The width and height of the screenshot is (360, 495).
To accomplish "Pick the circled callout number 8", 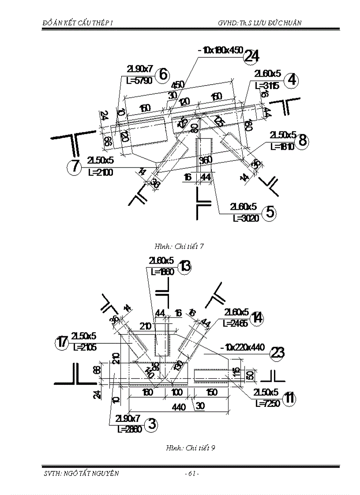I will coord(302,141).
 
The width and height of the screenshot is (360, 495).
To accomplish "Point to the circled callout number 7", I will coord(75,167).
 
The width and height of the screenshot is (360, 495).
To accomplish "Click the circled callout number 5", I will coord(270,212).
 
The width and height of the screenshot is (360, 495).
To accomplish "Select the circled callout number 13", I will coord(185,267).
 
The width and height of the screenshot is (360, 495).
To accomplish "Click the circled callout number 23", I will coord(278,353).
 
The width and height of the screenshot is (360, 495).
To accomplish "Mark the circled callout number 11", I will coord(289,398).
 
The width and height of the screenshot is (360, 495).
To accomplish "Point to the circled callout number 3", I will coord(151,424).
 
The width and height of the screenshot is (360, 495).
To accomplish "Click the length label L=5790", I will coord(139,81).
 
